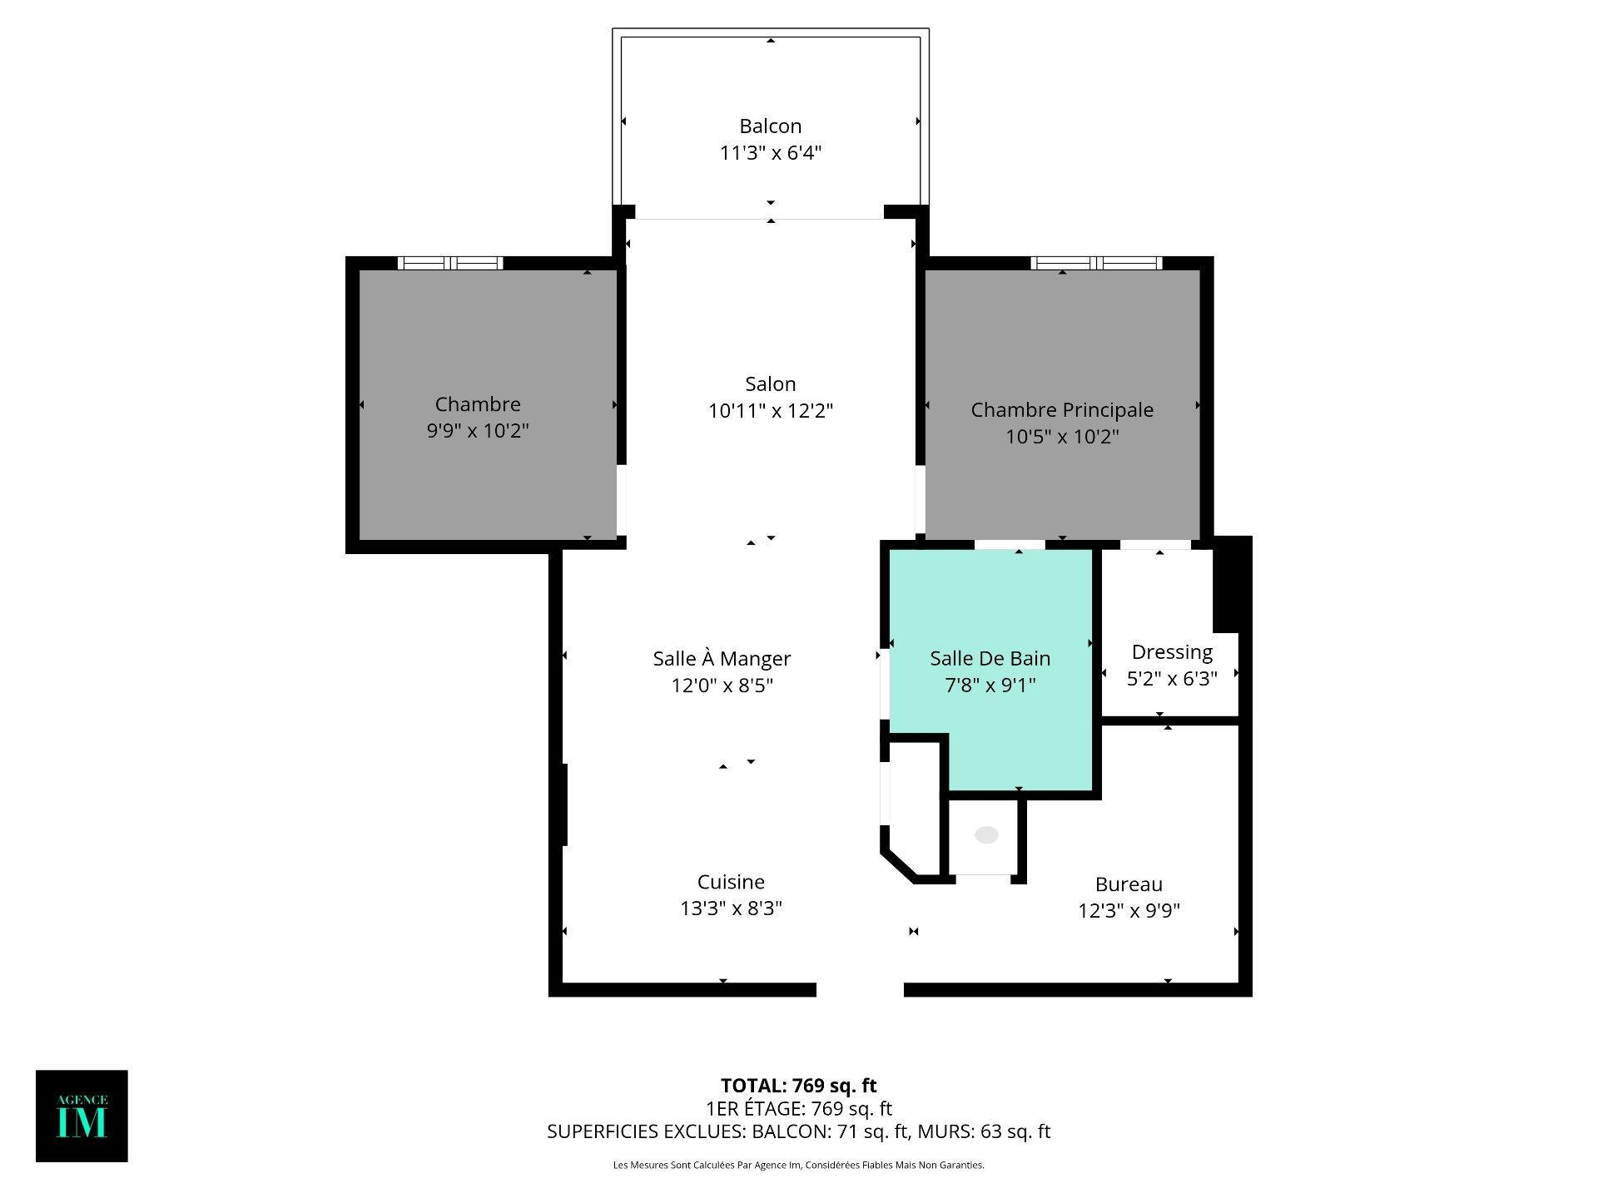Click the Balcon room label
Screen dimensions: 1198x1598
pos(770,126)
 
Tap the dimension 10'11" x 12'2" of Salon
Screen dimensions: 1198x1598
pos(770,411)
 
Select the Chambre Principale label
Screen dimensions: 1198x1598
pos(1062,410)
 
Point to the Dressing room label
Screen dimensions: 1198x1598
pos(1172,652)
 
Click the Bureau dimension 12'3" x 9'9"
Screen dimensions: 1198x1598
pos(1129,911)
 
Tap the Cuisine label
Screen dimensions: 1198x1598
pos(731,882)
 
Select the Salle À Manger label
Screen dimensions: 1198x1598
pos(722,659)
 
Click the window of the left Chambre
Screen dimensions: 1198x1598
pos(450,263)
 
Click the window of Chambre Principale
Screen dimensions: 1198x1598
pos(1096,263)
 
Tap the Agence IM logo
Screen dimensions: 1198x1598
pos(82,1116)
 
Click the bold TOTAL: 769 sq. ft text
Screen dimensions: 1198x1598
pos(798,1086)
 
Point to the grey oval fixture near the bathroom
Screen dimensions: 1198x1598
pos(986,834)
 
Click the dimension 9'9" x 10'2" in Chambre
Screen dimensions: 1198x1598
pos(478,431)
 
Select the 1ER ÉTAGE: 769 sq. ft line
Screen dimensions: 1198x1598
pos(798,1109)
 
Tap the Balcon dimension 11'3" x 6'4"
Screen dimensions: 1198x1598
pos(770,153)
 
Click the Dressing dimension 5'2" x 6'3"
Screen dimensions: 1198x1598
pos(1172,679)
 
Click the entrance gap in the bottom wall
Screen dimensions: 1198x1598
pos(860,989)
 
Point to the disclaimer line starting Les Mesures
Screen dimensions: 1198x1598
pos(798,1166)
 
